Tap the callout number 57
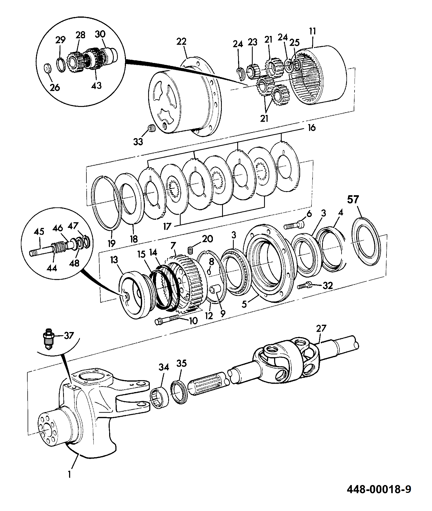[353, 200]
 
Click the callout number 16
[312, 128]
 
